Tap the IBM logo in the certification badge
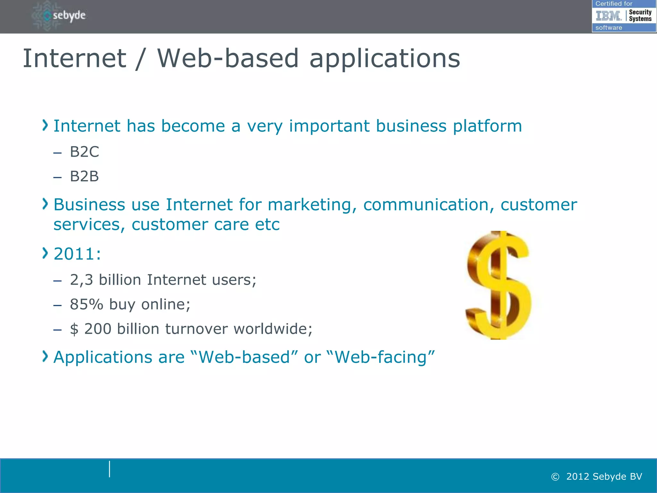click(x=608, y=15)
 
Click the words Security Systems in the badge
click(x=640, y=15)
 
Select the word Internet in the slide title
click(x=74, y=58)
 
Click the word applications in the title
click(x=385, y=59)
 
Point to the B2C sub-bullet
click(x=84, y=152)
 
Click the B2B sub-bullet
click(x=84, y=177)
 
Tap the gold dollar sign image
click(x=499, y=285)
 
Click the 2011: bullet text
click(x=77, y=254)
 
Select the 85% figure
click(x=86, y=304)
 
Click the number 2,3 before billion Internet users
click(x=81, y=280)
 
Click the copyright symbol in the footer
click(x=555, y=477)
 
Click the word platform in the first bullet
click(x=487, y=126)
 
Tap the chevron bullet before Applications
click(x=45, y=356)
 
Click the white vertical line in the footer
click(x=109, y=469)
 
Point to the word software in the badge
click(x=609, y=28)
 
